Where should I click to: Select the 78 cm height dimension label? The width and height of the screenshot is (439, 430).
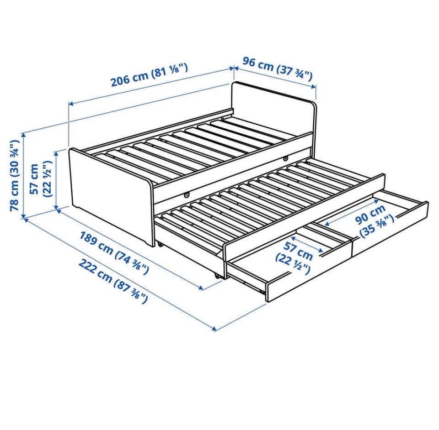[x=15, y=175]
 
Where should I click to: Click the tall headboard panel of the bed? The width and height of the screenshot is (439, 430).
[x=273, y=115]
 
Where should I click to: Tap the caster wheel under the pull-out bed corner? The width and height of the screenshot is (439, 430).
[x=217, y=276]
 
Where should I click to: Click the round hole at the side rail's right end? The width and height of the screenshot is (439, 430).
[x=285, y=159]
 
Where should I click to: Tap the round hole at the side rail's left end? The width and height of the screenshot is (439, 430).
[x=186, y=195]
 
